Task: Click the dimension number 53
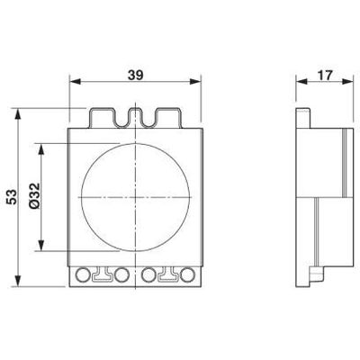(13, 198)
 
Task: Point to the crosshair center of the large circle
(135, 195)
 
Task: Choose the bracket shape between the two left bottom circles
(103, 274)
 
